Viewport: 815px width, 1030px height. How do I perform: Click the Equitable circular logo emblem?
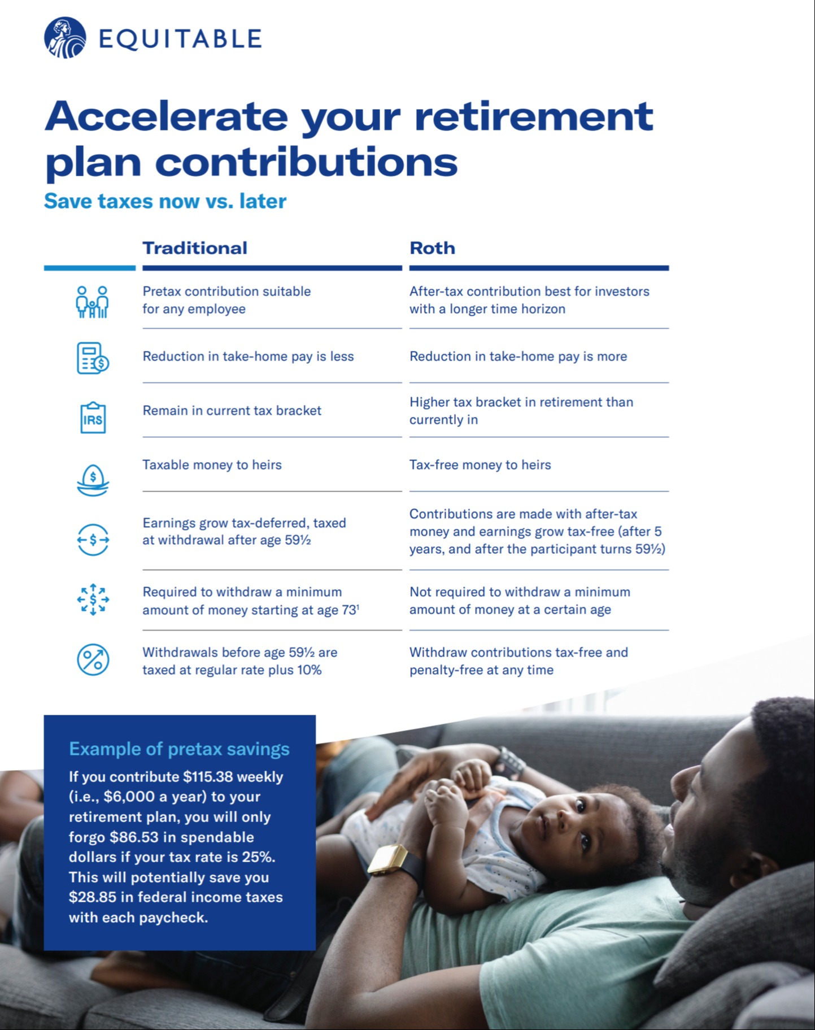[x=65, y=38]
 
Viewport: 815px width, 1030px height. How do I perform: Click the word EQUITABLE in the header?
[x=180, y=39]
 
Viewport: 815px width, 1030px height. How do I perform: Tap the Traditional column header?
[x=195, y=248]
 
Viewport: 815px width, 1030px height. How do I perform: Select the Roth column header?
[x=432, y=248]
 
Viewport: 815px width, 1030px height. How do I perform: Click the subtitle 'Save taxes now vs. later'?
[x=165, y=201]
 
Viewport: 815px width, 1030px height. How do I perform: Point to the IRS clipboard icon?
[x=93, y=418]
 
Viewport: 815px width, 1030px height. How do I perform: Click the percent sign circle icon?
[x=93, y=659]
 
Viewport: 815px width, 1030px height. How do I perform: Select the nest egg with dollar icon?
[x=93, y=480]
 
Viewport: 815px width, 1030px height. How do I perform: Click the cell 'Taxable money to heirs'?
[x=212, y=465]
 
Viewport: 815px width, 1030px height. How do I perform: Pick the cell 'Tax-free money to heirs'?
[x=480, y=465]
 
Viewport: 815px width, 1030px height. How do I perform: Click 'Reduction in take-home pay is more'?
[x=518, y=357]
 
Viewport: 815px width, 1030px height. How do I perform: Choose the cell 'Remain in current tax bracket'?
[x=232, y=411]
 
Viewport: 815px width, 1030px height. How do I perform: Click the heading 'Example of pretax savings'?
[x=179, y=749]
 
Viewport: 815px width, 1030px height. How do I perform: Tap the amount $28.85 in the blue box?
[x=92, y=897]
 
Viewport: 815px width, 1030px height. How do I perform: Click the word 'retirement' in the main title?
[x=533, y=116]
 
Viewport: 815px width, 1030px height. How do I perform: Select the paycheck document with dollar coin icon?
[x=93, y=358]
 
